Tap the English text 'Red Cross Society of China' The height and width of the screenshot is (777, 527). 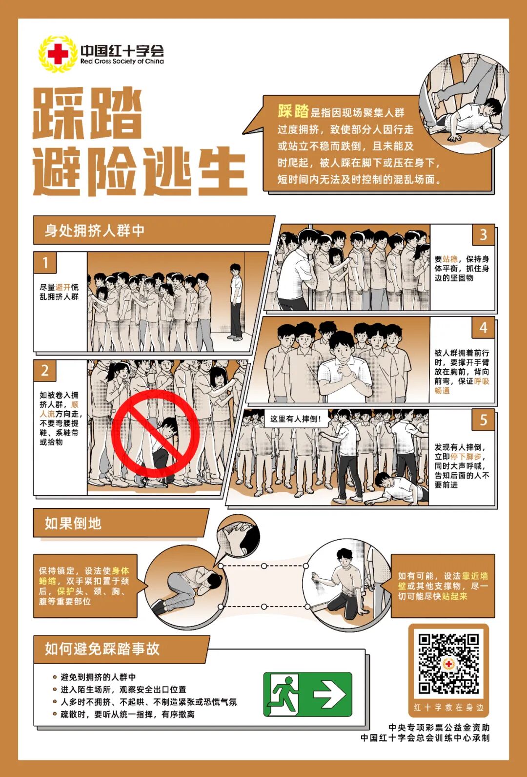[x=122, y=62]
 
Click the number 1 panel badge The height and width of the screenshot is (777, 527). [x=45, y=263]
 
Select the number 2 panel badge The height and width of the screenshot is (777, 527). [x=45, y=370]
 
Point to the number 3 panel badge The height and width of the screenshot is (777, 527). [x=483, y=235]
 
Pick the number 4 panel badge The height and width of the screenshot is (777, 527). [x=483, y=327]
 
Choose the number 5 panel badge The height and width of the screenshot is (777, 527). [x=483, y=420]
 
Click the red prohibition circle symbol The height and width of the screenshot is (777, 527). [x=155, y=433]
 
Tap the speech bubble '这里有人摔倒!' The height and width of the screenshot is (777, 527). [x=296, y=419]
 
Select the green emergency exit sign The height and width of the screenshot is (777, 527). [x=307, y=694]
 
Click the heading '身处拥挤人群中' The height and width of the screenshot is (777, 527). [x=95, y=231]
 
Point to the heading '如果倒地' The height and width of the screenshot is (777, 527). [x=73, y=524]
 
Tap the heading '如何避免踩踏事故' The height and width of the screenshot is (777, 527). [x=102, y=649]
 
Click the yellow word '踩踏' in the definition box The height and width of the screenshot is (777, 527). [x=293, y=111]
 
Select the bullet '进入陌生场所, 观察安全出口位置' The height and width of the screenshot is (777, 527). [x=123, y=690]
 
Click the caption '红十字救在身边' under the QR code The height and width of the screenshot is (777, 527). [x=448, y=708]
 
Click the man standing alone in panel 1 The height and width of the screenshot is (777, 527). [x=236, y=302]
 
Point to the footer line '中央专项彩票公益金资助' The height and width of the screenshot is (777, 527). [x=439, y=728]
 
